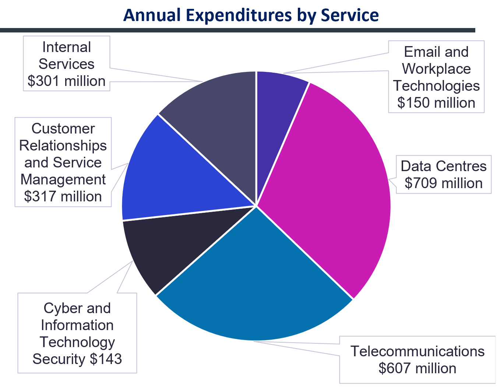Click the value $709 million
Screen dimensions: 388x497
[x=443, y=183]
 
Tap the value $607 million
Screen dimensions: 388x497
[x=417, y=368]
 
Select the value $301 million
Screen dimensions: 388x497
[x=66, y=81]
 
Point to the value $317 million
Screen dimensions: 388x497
[x=63, y=196]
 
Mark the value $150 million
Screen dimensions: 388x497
[x=436, y=103]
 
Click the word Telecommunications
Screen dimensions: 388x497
[x=417, y=351]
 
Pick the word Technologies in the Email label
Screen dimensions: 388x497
[x=436, y=86]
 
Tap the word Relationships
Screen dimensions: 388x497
[x=63, y=145]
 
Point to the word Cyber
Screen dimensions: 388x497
[x=56, y=308]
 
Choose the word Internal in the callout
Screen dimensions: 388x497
[x=66, y=47]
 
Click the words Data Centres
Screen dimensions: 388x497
[x=443, y=166]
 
